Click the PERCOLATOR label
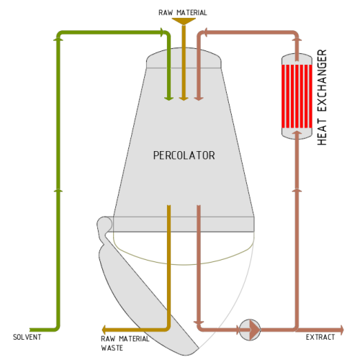coord(184,155)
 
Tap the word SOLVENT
coord(27,337)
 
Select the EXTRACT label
coord(320,337)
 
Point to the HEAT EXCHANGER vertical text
coord(322,97)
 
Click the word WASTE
coord(112,348)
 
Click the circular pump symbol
coord(250,330)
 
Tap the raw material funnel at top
coord(184,21)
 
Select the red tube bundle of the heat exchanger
coord(297,96)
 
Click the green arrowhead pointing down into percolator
coord(168,99)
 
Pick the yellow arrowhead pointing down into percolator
coord(184,99)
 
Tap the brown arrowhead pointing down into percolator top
coord(199,99)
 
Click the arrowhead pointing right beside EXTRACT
coord(341,330)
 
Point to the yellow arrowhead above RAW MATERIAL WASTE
coord(104,330)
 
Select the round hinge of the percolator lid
coord(104,224)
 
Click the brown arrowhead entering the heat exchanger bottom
coord(297,132)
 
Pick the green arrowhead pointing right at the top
coord(163,32)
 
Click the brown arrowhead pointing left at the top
coord(204,32)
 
